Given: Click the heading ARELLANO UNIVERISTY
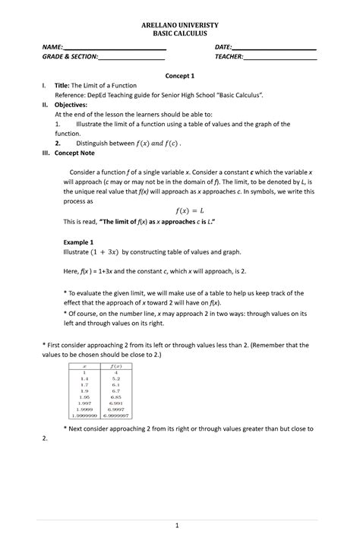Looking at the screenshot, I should click(x=179, y=25).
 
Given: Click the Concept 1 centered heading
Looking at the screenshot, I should click(x=180, y=76).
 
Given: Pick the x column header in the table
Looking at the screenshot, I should click(x=84, y=365).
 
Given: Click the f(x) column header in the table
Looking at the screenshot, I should click(x=116, y=365).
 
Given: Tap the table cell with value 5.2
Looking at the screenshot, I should click(x=116, y=378).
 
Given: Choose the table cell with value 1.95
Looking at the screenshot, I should click(x=84, y=397).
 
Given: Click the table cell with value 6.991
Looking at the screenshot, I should click(x=116, y=403).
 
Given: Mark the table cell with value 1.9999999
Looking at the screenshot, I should click(x=84, y=416).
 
